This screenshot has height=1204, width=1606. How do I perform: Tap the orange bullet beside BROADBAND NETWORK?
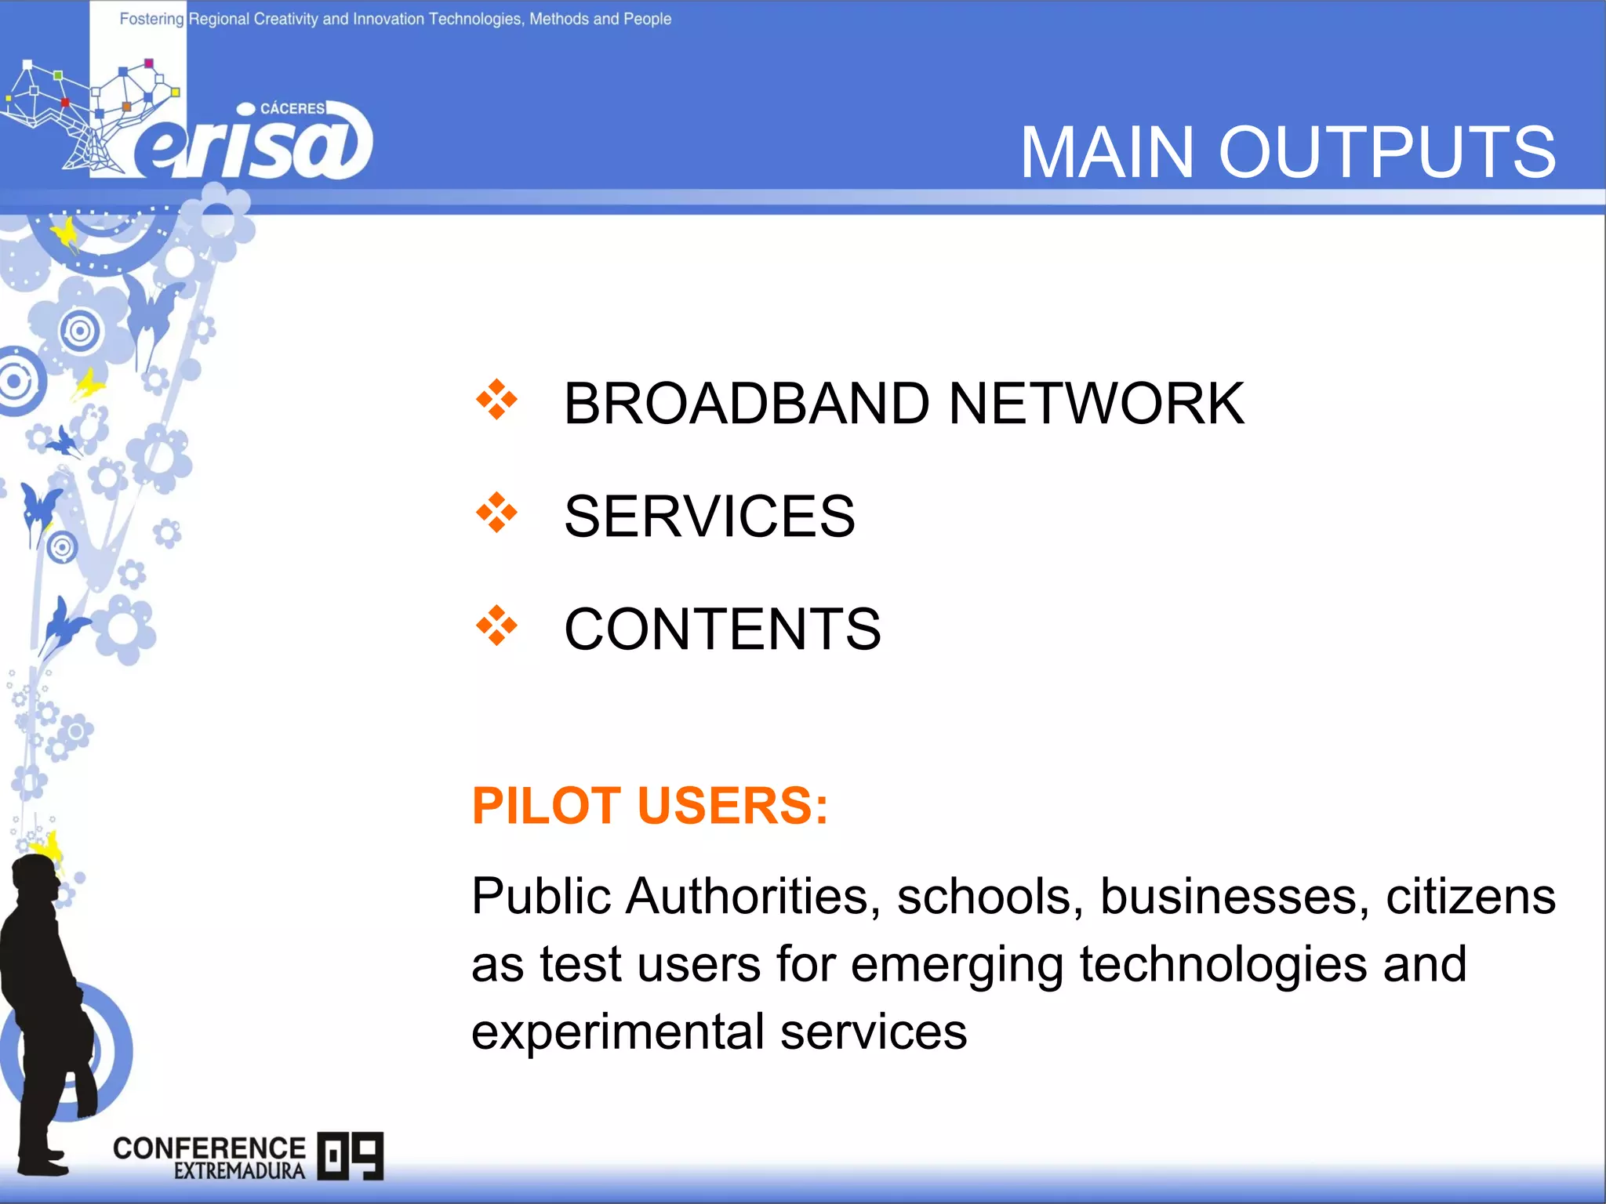coord(496,400)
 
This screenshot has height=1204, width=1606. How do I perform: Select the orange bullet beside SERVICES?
coord(496,513)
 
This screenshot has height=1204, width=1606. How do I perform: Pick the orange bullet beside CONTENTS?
coord(496,626)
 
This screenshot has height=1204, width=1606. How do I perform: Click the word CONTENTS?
coord(722,629)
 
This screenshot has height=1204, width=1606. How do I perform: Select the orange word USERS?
coord(732,806)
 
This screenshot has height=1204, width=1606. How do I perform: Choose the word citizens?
coord(1470,897)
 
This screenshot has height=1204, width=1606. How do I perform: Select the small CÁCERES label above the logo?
coord(292,108)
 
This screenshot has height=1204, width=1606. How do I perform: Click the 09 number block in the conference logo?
coord(351,1155)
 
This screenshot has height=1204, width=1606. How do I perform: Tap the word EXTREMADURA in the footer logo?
coord(239,1171)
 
